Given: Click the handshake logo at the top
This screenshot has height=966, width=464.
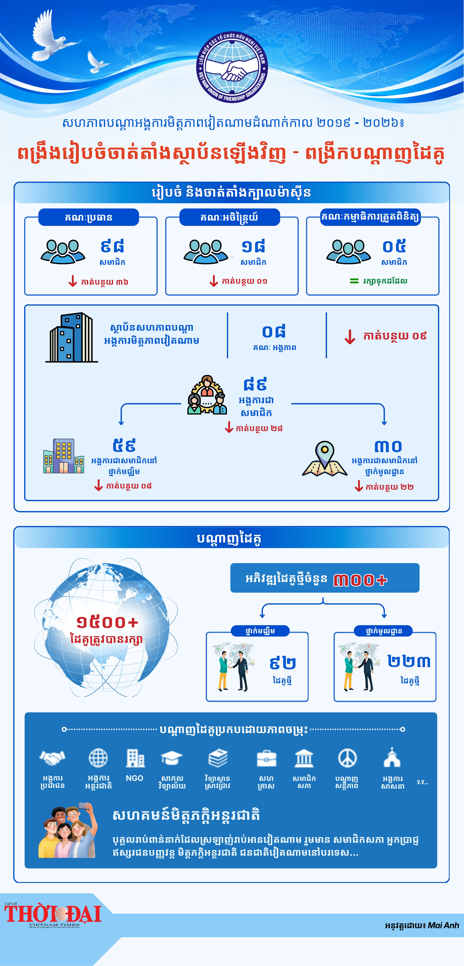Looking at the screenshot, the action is coord(232,67).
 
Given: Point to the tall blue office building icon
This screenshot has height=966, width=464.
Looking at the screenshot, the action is coord(72,337).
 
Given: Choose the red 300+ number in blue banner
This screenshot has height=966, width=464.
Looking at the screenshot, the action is coord(360,580).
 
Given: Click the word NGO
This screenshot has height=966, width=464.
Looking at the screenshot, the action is coord(135,778).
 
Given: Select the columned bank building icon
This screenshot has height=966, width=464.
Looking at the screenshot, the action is coord(304,758).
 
